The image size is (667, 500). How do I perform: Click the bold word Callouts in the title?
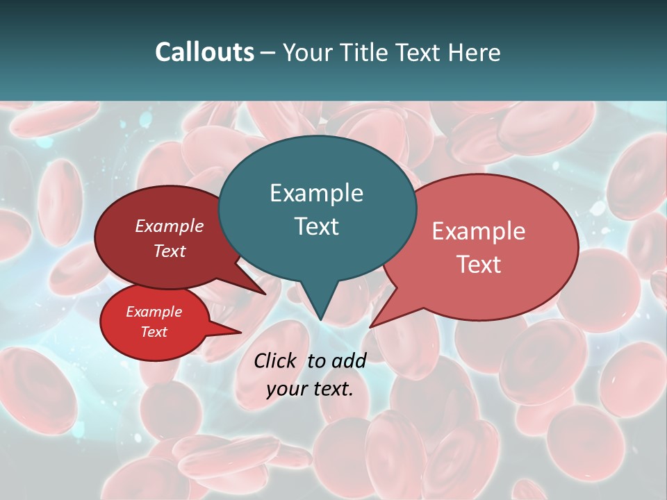coord(204,52)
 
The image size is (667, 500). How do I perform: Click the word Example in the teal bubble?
coord(316,193)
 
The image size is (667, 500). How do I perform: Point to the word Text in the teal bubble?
coord(316,226)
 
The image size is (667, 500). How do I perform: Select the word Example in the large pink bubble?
coord(479,231)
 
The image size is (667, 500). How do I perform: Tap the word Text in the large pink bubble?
coord(479,264)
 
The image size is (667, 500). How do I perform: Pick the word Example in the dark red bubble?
coord(170,226)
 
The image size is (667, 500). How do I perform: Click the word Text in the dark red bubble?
coord(170,251)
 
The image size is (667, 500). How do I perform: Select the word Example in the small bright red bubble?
coord(154,312)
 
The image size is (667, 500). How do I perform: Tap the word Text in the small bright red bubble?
coord(154,332)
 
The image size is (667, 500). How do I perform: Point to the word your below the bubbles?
coord(286,389)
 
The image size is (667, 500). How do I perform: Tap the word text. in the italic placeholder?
coord(332,389)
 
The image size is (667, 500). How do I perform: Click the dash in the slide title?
coord(269,53)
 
